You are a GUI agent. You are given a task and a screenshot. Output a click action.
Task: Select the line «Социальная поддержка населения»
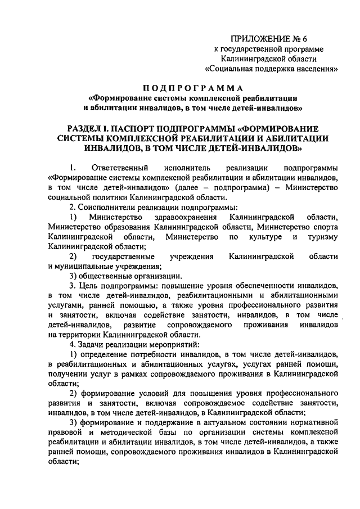point(272,70)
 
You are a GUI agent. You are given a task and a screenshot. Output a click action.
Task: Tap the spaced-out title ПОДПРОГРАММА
point(193,88)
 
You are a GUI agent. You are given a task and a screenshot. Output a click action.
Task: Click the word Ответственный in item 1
point(119,168)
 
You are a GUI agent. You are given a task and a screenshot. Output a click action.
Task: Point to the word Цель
point(87,286)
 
